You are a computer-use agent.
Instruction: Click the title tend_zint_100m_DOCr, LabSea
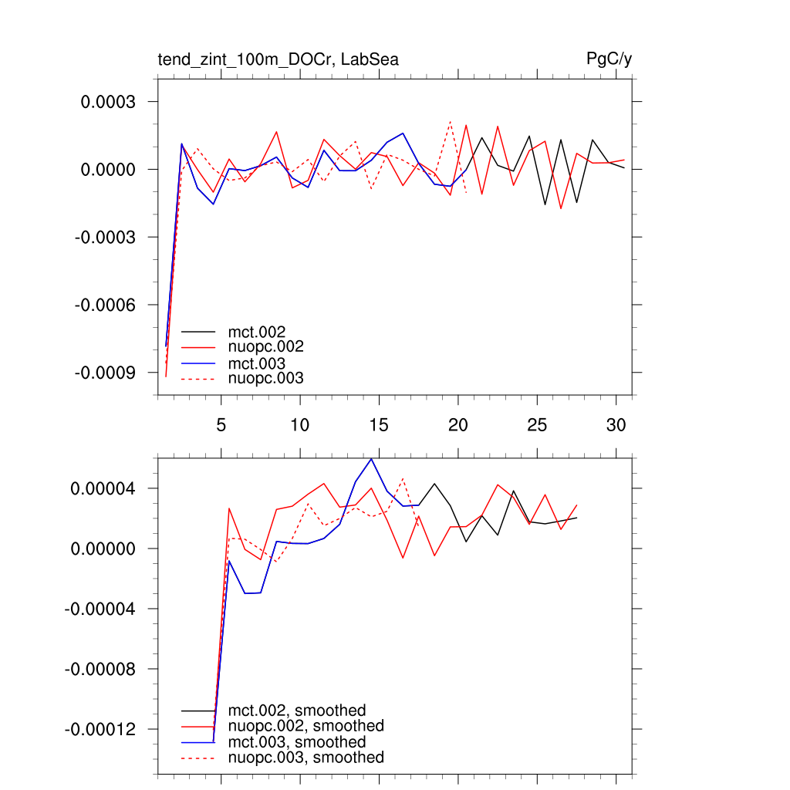278,59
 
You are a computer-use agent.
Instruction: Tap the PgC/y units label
609,59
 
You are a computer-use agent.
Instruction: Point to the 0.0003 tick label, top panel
109,102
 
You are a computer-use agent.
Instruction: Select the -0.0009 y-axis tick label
106,373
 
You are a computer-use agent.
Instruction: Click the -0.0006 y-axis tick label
106,305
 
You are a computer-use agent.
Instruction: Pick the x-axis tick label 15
379,425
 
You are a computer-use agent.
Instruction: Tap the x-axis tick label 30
616,425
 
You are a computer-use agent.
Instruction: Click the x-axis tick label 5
221,425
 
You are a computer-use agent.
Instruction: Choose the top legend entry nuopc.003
265,378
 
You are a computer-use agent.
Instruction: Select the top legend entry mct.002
257,332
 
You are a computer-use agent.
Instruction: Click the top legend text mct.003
257,363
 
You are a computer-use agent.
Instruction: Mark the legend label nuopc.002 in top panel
265,347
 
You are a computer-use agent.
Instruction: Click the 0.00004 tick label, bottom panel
103,488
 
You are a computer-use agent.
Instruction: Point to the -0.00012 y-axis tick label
100,729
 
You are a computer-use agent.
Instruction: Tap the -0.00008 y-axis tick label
100,669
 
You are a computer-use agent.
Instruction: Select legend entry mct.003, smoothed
297,742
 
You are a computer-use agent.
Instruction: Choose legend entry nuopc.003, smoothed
306,758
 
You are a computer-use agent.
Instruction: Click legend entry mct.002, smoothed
297,711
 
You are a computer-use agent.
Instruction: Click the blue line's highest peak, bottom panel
372,459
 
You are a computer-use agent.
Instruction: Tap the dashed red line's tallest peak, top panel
451,121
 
